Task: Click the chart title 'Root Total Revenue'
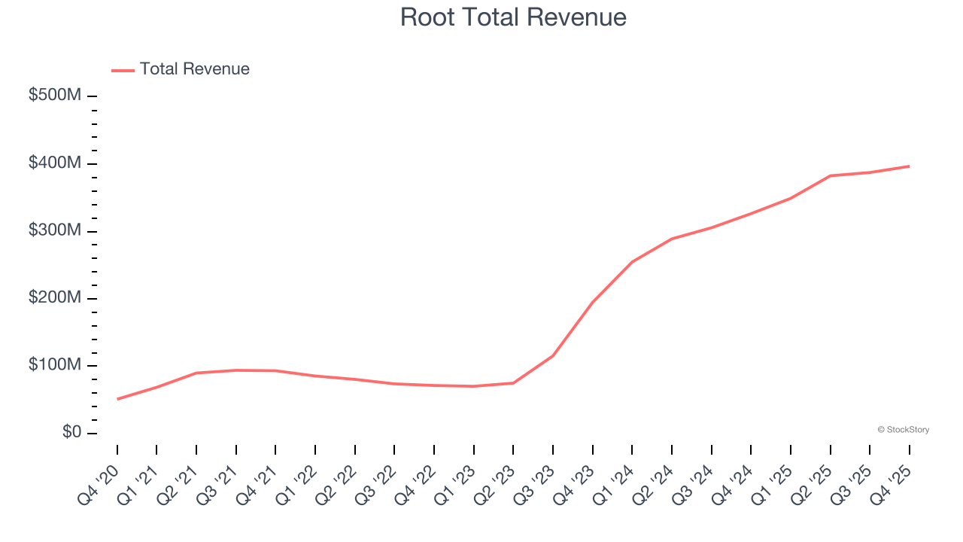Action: tap(513, 17)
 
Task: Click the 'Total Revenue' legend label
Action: tap(194, 69)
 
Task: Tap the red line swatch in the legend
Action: tap(123, 70)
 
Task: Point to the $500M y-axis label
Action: tap(56, 96)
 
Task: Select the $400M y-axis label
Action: tap(56, 163)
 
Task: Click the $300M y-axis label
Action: tap(56, 231)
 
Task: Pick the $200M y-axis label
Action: tap(56, 298)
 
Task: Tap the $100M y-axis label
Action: tap(56, 366)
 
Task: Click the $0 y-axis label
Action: tap(72, 433)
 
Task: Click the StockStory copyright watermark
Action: tap(903, 430)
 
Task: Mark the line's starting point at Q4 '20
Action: tap(117, 399)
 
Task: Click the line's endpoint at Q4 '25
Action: tap(909, 166)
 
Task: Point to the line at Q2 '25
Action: tap(830, 175)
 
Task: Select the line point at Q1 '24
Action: tap(632, 262)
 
